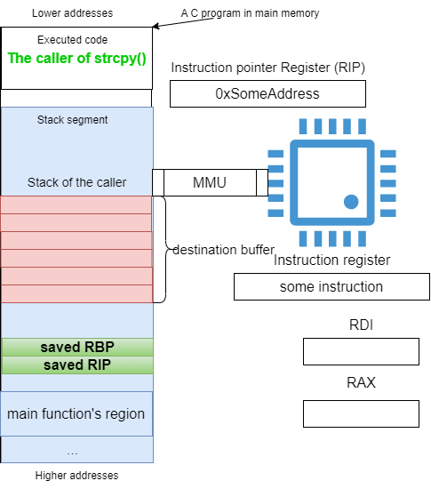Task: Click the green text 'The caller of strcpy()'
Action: (x=76, y=59)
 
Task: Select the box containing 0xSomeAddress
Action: (x=267, y=94)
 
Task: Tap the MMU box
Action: (x=210, y=183)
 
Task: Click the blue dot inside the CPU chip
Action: (x=351, y=202)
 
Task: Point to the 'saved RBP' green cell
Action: (x=77, y=347)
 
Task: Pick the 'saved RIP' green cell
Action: (x=77, y=365)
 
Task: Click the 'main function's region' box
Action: (x=76, y=413)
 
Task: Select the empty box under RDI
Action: (x=361, y=351)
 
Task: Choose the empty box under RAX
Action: (x=361, y=413)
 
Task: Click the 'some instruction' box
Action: (x=331, y=287)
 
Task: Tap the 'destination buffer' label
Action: (x=223, y=250)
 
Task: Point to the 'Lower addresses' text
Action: (x=72, y=13)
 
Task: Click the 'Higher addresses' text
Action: (x=76, y=476)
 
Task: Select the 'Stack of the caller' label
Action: (x=77, y=182)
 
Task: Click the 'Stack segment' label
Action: (x=72, y=120)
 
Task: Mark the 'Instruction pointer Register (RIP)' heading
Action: (x=268, y=68)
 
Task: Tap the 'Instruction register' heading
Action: (x=331, y=261)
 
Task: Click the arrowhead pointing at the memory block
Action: (x=155, y=26)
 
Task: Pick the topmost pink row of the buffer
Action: (x=76, y=204)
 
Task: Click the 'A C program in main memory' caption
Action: (x=250, y=13)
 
